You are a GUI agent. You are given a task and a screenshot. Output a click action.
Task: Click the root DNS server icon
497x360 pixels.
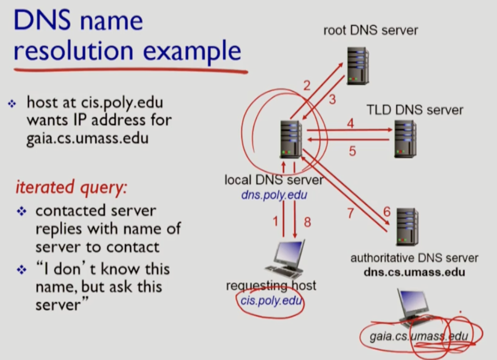tap(358, 65)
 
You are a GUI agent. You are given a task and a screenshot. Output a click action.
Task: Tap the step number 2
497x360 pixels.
tap(307, 86)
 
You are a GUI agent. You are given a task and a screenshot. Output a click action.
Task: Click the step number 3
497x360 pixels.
tap(332, 99)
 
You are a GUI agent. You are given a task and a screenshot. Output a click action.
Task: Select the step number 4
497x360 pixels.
tap(350, 123)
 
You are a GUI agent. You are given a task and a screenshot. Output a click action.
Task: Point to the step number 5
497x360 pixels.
tap(352, 151)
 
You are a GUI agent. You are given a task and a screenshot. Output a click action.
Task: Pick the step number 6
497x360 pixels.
tap(387, 211)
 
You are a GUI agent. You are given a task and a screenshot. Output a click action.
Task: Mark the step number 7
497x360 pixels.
tap(351, 212)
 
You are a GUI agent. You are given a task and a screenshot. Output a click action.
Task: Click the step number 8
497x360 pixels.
tap(308, 222)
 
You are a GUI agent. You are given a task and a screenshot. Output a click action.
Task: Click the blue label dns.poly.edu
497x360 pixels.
tap(274, 195)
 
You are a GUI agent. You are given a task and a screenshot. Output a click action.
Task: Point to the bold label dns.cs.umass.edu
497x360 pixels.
tap(414, 272)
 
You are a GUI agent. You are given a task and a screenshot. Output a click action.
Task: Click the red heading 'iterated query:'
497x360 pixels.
tap(70, 188)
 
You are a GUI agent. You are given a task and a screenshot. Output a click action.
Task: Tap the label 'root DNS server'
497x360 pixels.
tap(370, 30)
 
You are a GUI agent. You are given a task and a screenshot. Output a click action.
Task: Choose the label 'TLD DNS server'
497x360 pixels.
tap(415, 110)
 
